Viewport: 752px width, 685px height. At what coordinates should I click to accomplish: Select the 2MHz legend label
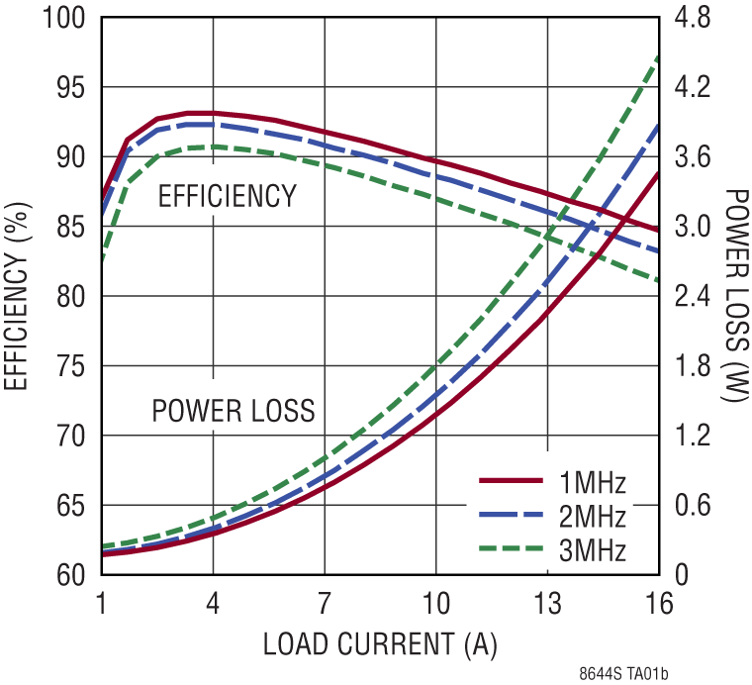593,516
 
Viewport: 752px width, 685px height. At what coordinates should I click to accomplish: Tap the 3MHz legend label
593,548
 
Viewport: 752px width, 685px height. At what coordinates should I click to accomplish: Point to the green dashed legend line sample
511,546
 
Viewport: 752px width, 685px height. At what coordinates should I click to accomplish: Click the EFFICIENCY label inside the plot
228,196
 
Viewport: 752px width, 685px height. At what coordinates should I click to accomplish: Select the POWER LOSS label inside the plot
234,410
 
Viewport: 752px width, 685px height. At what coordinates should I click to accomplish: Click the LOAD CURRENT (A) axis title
380,643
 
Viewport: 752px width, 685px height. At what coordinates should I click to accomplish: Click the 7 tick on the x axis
325,603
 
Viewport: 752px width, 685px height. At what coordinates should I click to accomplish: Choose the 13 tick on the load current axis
547,603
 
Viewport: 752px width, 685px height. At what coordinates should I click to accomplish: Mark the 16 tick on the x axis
658,603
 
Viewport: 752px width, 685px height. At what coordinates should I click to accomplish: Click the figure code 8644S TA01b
624,674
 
